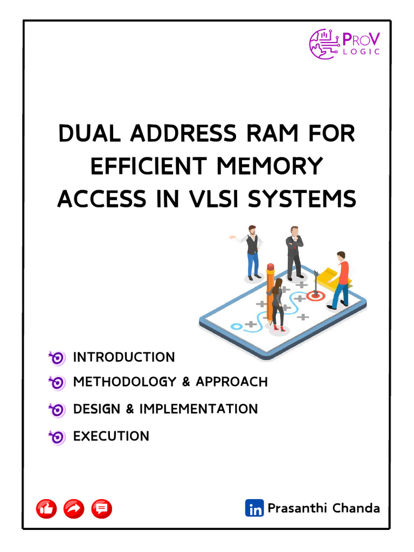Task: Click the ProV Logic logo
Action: pos(344,44)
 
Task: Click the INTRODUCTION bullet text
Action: pos(124,357)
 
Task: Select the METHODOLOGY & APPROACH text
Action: pos(170,382)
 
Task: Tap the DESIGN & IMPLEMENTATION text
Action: pos(165,409)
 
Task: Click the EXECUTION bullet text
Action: pos(111,436)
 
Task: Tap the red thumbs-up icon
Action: pos(46,508)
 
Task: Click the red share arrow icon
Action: pos(74,508)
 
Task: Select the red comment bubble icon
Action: pos(101,508)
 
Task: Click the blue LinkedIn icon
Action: pos(254,508)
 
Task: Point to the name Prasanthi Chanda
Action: pos(323,508)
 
